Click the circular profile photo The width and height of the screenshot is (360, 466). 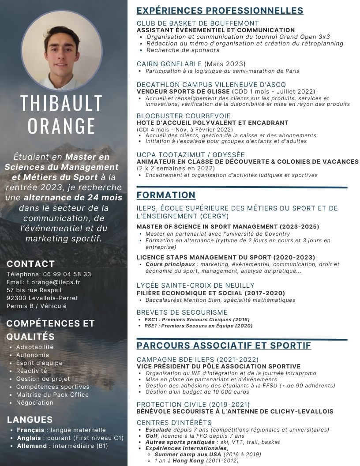pyautogui.click(x=62, y=51)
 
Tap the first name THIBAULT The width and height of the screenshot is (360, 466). pyautogui.click(x=62, y=103)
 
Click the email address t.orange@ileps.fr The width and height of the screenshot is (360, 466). pyautogui.click(x=53, y=282)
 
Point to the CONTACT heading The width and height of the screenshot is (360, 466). pyautogui.click(x=31, y=264)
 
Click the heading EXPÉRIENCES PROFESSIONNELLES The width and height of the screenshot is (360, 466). pyautogui.click(x=220, y=11)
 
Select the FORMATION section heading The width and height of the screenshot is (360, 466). pyautogui.click(x=166, y=195)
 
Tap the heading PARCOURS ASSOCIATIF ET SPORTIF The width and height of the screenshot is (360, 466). pyautogui.click(x=224, y=346)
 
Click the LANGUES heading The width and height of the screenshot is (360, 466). pyautogui.click(x=30, y=420)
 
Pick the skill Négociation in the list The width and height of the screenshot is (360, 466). pyautogui.click(x=35, y=402)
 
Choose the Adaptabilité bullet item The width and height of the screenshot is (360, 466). pyautogui.click(x=35, y=347)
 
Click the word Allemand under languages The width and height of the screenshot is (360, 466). pyautogui.click(x=32, y=446)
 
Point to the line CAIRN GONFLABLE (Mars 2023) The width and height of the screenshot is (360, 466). pyautogui.click(x=191, y=64)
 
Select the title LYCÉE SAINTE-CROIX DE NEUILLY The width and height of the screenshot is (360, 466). pyautogui.click(x=195, y=286)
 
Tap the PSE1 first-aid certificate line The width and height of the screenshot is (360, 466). pyautogui.click(x=199, y=326)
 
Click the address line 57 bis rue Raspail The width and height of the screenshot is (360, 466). pyautogui.click(x=34, y=290)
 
